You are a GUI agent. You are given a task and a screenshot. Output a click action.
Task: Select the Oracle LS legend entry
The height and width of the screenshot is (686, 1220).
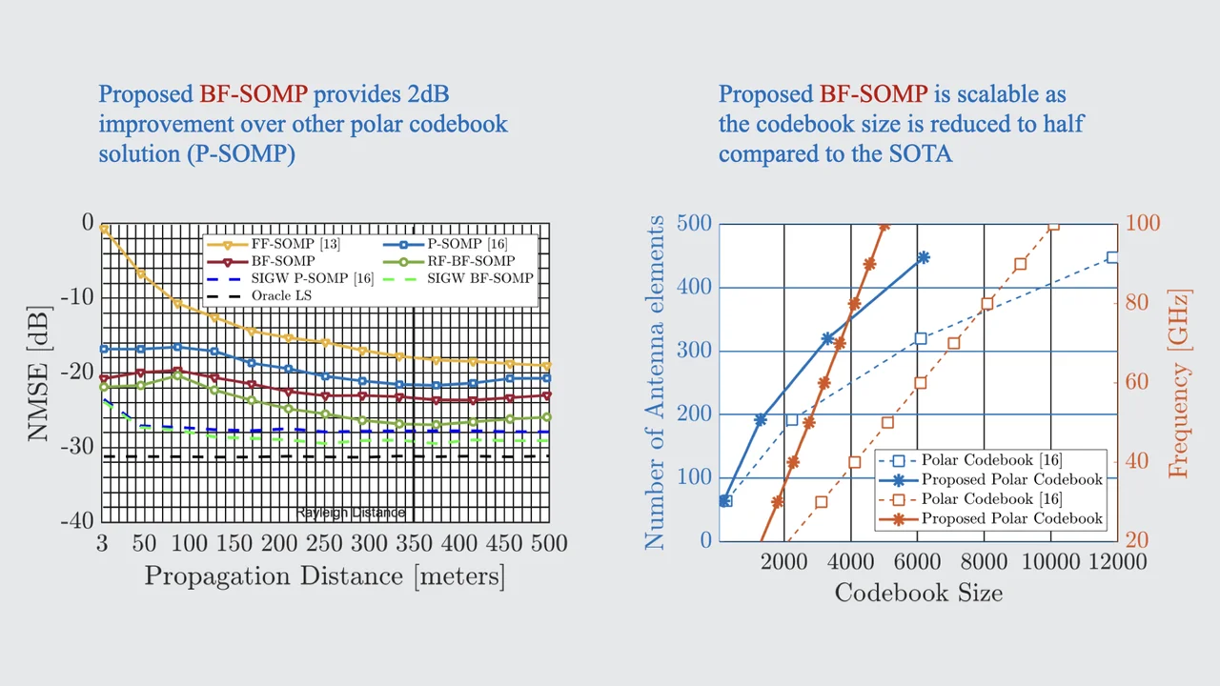[281, 295]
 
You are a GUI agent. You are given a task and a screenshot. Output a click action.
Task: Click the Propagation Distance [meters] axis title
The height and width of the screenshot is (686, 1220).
[324, 575]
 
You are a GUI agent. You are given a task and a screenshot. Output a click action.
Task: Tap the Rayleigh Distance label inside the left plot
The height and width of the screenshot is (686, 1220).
[350, 513]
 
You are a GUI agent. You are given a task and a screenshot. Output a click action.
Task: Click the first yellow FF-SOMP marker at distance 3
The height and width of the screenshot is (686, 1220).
[103, 229]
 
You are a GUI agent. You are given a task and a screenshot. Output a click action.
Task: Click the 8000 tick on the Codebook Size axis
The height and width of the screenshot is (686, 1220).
[984, 561]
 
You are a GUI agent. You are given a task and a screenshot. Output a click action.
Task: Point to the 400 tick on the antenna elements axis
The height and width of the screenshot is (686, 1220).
[693, 287]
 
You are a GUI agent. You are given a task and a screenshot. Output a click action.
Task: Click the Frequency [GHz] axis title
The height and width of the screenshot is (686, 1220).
[1179, 381]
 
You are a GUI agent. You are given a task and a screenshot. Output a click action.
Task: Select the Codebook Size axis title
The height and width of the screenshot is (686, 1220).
[918, 593]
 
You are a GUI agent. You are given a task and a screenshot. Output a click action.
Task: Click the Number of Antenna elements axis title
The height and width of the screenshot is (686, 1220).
[655, 382]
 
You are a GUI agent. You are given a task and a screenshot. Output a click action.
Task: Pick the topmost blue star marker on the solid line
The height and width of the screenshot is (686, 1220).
[923, 257]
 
